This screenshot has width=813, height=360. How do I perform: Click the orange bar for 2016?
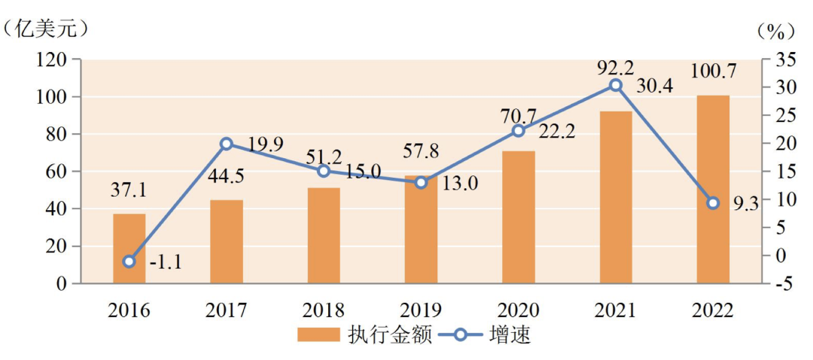pyautogui.click(x=129, y=249)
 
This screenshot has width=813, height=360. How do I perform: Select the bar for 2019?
pyautogui.click(x=421, y=230)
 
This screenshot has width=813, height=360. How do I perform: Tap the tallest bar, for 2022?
pyautogui.click(x=712, y=189)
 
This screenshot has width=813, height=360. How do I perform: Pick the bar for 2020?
pyautogui.click(x=518, y=217)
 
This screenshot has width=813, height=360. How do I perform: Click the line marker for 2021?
pyautogui.click(x=616, y=85)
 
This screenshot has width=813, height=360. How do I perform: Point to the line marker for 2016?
pyautogui.click(x=129, y=261)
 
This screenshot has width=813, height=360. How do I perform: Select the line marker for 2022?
pyautogui.click(x=712, y=203)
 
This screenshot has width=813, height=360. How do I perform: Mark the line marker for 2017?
pyautogui.click(x=226, y=144)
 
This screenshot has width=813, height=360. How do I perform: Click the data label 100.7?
pyautogui.click(x=713, y=72)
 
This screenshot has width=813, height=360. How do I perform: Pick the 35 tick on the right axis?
pyautogui.click(x=784, y=59)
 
